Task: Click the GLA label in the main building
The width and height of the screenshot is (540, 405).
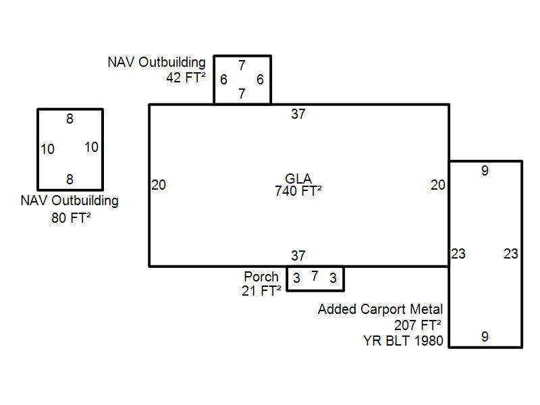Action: [x=298, y=179]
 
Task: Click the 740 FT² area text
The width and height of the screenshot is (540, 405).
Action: [x=298, y=190]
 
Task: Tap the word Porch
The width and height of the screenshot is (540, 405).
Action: [x=261, y=277]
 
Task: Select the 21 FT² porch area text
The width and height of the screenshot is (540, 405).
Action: [x=261, y=291]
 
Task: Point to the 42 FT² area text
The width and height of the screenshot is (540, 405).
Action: [x=186, y=77]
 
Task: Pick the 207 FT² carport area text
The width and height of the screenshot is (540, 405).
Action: [x=418, y=325]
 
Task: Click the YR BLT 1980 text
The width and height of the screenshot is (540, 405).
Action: [x=403, y=340]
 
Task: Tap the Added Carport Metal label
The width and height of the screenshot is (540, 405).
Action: [x=381, y=309]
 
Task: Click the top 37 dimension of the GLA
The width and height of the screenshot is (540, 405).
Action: [x=298, y=114]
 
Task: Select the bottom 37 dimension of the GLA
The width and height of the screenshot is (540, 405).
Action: [x=298, y=256]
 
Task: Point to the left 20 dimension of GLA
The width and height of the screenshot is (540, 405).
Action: [x=159, y=184]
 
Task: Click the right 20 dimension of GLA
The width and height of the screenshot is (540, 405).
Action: [x=438, y=184]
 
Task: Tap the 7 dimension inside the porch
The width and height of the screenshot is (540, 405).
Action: [x=315, y=276]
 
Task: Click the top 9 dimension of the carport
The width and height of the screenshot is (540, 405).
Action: [x=485, y=171]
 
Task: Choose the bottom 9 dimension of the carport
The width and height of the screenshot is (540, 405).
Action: [x=485, y=337]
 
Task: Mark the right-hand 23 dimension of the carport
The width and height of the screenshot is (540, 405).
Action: [x=511, y=254]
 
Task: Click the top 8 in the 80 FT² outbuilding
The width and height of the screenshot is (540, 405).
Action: [x=70, y=119]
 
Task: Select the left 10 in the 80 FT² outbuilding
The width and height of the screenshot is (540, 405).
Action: [x=47, y=149]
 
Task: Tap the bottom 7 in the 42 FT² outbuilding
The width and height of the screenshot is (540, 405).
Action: [x=242, y=94]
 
